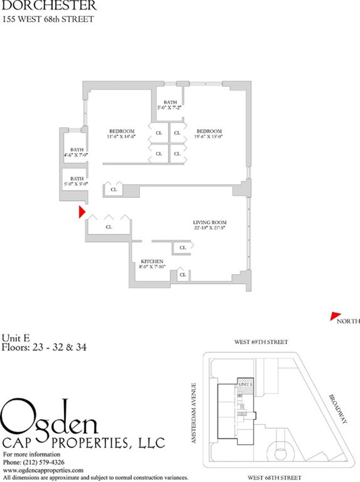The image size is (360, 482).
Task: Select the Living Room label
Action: click(210, 223)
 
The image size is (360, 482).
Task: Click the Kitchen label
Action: click(152, 262)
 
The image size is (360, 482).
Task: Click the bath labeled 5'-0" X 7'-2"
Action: click(170, 105)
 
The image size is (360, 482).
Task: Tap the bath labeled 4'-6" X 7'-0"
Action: click(77, 152)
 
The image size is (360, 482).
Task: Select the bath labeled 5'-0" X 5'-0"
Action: click(77, 181)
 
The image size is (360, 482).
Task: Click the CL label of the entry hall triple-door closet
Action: click(109, 227)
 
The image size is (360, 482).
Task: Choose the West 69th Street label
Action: click(261, 342)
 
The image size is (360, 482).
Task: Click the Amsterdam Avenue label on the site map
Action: click(194, 413)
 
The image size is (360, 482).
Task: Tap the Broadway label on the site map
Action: click(338, 409)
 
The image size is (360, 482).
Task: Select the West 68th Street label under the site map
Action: click(274, 477)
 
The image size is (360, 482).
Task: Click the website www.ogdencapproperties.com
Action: click(43, 470)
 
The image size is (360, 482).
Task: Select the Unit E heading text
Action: click(16, 338)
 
